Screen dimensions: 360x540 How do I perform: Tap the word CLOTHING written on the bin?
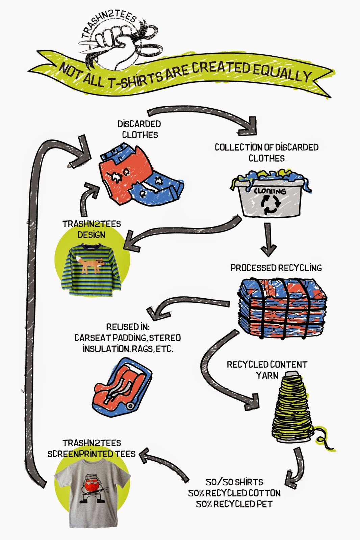[270, 191]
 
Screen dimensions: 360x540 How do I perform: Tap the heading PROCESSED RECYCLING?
[276, 268]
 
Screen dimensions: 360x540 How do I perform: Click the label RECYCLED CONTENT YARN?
[267, 370]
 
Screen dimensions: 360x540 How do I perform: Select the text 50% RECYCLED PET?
[234, 504]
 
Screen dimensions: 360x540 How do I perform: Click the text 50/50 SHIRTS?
[234, 482]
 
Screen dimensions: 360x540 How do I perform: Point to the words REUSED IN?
[128, 327]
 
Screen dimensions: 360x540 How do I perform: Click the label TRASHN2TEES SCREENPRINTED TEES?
[91, 449]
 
